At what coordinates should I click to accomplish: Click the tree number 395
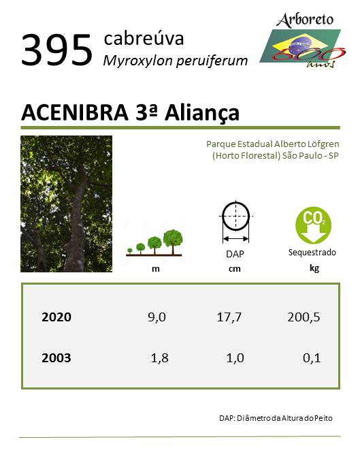[x=57, y=50]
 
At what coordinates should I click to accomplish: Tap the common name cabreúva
[x=144, y=38]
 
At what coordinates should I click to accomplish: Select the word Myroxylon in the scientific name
[x=137, y=61]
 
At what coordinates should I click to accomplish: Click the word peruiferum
[x=212, y=61]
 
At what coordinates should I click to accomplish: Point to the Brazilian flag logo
[x=301, y=47]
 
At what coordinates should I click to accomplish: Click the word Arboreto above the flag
[x=304, y=20]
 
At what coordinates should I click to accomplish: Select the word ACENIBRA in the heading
[x=75, y=112]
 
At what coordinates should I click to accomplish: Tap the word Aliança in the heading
[x=202, y=113]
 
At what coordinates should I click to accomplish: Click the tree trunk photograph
[x=67, y=204]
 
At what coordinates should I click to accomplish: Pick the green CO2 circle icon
[x=313, y=225]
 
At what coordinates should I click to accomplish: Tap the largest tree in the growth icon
[x=173, y=241]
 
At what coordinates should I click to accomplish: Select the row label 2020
[x=56, y=317]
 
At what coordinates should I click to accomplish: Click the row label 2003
[x=56, y=357]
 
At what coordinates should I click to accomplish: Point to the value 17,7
[x=229, y=317]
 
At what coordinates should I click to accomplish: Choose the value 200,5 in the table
[x=304, y=317]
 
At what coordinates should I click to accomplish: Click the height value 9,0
[x=157, y=317]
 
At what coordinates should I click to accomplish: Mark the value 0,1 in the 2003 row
[x=312, y=358]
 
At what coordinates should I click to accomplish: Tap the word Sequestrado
[x=312, y=253]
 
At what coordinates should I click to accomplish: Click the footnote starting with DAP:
[x=276, y=418]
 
